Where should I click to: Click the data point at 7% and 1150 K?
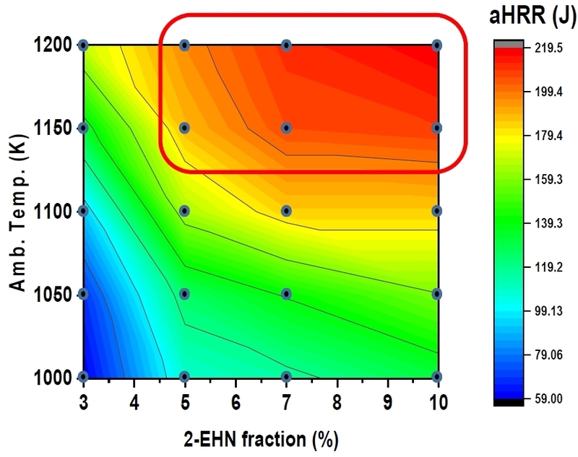(x=286, y=128)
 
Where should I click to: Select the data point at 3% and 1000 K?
(x=83, y=376)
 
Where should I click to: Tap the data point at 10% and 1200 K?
(x=436, y=45)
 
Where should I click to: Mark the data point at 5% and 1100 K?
(x=184, y=211)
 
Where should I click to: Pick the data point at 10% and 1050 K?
(x=436, y=294)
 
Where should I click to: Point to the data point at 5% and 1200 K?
(x=184, y=45)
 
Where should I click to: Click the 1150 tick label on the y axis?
(x=51, y=128)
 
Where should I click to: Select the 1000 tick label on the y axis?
(x=51, y=376)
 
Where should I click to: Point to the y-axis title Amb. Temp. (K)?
(x=16, y=209)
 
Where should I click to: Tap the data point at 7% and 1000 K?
(x=286, y=376)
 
